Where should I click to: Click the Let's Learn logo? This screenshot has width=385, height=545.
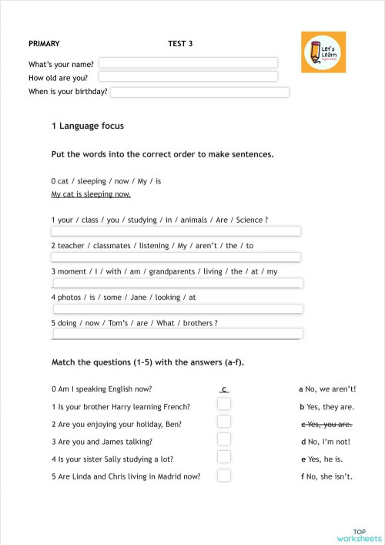point(323,52)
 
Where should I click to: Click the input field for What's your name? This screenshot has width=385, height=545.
point(188,62)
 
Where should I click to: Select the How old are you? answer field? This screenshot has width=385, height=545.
point(188,77)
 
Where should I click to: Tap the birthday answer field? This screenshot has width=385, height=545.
point(199,93)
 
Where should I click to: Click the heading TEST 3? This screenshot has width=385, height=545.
point(180,44)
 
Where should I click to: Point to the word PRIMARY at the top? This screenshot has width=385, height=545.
point(44,44)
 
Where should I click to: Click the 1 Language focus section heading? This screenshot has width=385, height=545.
point(87,126)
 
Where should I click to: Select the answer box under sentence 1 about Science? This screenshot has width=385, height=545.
point(176,231)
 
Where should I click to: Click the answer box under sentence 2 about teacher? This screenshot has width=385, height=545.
point(176,257)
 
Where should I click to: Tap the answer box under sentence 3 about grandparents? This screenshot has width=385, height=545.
point(177,283)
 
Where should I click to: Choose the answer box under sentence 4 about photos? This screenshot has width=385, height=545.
point(177,309)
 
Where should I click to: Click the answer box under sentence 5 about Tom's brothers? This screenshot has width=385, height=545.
point(177,335)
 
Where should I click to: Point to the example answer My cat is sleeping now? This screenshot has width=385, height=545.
point(91,194)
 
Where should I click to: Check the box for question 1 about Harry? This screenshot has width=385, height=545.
point(224,404)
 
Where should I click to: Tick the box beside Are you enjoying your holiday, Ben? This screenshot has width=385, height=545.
point(224,422)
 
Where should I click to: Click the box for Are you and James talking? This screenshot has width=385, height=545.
point(224,439)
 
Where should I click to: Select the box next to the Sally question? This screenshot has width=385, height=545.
point(224,457)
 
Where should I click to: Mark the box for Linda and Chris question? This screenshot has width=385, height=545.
point(224,475)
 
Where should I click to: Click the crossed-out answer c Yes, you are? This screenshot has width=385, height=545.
point(326,425)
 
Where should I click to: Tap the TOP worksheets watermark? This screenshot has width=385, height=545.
point(358,535)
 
